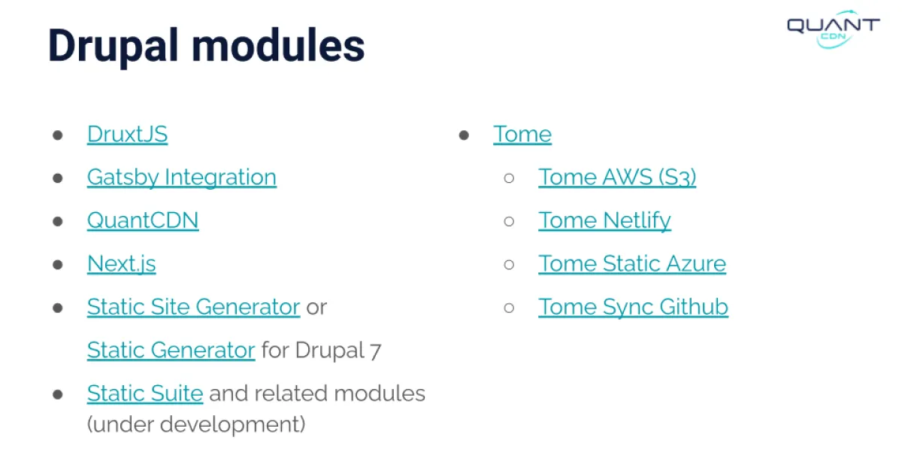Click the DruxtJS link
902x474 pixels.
[127, 134]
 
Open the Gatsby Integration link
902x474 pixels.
[182, 178]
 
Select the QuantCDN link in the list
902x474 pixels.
[143, 220]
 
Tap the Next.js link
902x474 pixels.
[122, 264]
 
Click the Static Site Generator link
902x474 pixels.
[194, 307]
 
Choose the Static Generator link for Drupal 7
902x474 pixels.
[171, 350]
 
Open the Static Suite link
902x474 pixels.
[145, 393]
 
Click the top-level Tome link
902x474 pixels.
[522, 134]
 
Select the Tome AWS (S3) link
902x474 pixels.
[617, 178]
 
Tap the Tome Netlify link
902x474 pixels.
[605, 221]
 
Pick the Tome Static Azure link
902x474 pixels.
[632, 263]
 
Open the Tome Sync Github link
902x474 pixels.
[634, 307]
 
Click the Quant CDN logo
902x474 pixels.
[834, 29]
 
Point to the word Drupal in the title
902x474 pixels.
[113, 47]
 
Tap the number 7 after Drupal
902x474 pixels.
[375, 351]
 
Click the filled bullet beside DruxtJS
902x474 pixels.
[58, 135]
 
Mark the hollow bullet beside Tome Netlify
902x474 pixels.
[509, 221]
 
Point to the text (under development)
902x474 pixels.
[196, 424]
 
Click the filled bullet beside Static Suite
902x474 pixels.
[58, 394]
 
